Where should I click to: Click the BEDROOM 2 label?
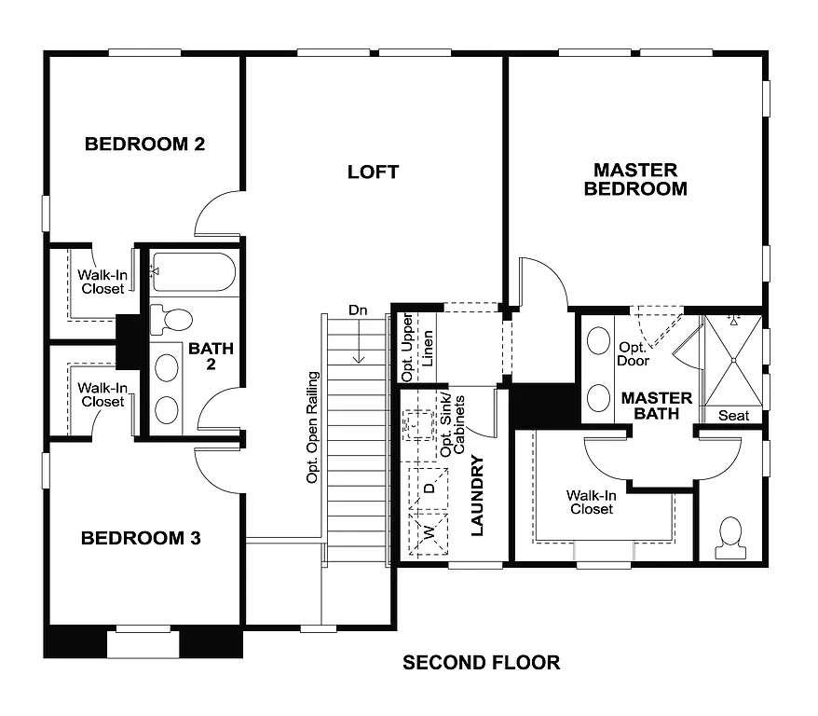click(x=144, y=145)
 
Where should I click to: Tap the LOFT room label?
click(x=373, y=172)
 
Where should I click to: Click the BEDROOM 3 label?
click(x=141, y=538)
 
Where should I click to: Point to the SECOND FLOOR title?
click(x=481, y=663)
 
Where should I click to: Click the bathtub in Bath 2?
click(x=194, y=272)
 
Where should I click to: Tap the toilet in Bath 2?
click(x=170, y=320)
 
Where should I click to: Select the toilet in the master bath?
click(x=729, y=537)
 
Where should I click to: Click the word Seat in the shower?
click(x=733, y=415)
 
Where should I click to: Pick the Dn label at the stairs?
click(x=358, y=310)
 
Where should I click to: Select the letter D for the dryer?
click(x=429, y=488)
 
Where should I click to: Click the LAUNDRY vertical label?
click(x=477, y=495)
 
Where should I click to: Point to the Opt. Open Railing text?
click(x=313, y=427)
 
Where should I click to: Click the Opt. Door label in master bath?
click(x=634, y=353)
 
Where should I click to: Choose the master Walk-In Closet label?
click(x=592, y=502)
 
